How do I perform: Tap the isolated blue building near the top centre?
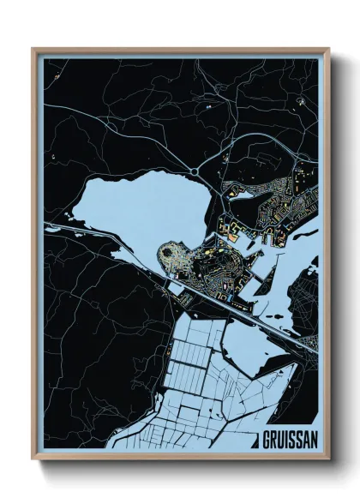point(208,110)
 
